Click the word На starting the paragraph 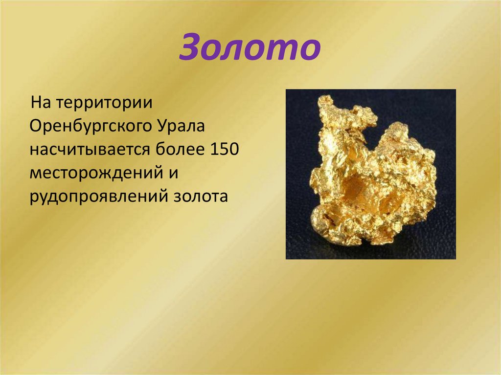40,104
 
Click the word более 181,150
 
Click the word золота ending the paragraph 201,196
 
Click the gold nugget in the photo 372,176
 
